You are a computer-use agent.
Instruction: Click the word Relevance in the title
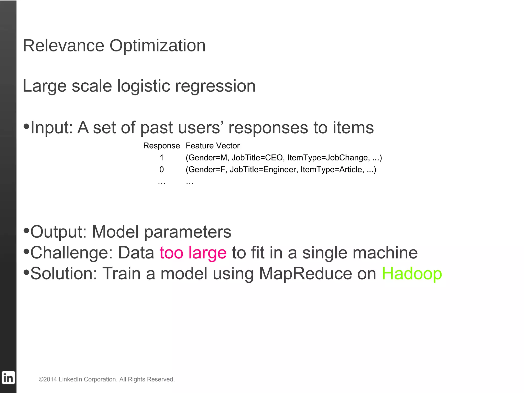[x=63, y=46]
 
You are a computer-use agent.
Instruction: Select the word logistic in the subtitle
[x=144, y=86]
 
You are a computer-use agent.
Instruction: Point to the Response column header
[x=161, y=146]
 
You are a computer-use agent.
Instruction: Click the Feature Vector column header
[x=213, y=146]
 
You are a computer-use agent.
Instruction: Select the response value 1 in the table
[x=161, y=158]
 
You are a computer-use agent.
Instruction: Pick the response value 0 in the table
[x=161, y=169]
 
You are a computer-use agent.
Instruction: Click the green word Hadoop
[x=412, y=274]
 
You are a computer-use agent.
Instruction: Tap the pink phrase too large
[x=193, y=253]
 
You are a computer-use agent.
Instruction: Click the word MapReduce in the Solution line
[x=305, y=274]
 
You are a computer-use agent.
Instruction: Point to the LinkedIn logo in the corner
[x=8, y=378]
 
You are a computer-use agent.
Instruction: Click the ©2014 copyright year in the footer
[x=48, y=379]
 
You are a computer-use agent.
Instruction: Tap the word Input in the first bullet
[x=51, y=128]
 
